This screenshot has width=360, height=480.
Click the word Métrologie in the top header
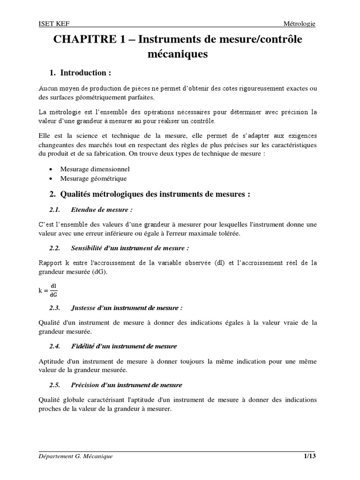pyautogui.click(x=300, y=24)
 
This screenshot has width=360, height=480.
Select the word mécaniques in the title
pyautogui.click(x=177, y=55)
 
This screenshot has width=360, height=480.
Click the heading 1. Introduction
pyautogui.click(x=80, y=73)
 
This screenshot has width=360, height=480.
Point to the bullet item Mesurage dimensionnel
pyautogui.click(x=95, y=169)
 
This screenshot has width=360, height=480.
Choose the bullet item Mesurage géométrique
pyautogui.click(x=93, y=179)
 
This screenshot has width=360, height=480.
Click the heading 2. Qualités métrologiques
pyautogui.click(x=150, y=195)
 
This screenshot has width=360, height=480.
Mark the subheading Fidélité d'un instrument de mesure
pyautogui.click(x=124, y=346)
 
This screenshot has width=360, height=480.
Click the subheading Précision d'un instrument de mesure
pyautogui.click(x=126, y=385)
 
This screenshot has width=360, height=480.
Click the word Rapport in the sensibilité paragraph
pyautogui.click(x=50, y=263)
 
